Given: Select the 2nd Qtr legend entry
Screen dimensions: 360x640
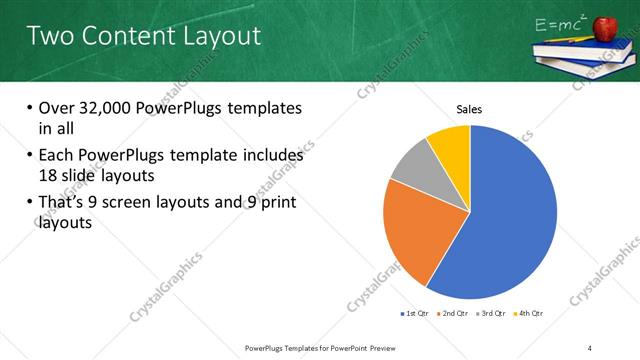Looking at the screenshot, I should click(454, 313).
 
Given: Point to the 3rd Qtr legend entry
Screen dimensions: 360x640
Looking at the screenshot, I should click(492, 313).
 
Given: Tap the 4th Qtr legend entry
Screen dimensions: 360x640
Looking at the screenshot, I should click(529, 313).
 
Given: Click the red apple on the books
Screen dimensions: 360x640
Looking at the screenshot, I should click(609, 31).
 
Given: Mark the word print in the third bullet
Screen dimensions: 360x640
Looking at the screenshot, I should click(277, 204).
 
